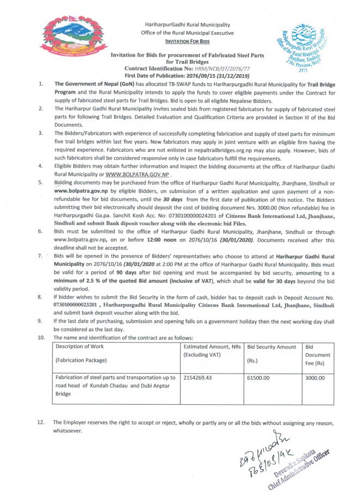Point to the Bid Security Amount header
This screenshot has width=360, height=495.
pos(271,346)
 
